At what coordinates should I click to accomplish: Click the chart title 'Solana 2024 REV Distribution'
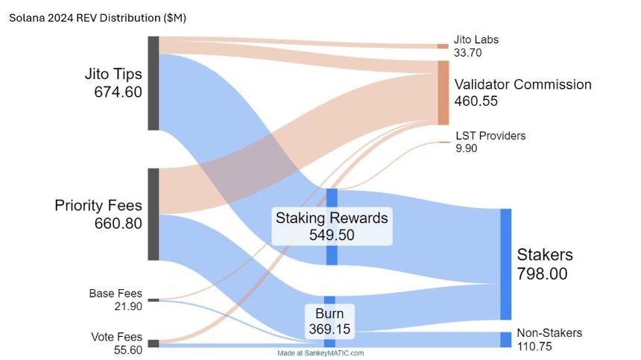tap(85, 18)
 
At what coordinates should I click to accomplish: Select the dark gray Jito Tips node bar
tap(154, 83)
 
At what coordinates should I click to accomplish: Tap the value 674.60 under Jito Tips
tap(119, 92)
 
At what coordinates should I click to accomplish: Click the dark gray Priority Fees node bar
tap(154, 214)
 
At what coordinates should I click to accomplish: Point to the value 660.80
tap(119, 224)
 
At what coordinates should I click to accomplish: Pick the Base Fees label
tap(116, 294)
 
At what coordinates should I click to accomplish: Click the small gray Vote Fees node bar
tap(154, 344)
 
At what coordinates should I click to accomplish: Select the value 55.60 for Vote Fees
tap(128, 350)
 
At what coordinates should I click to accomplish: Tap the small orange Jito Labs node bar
tap(443, 46)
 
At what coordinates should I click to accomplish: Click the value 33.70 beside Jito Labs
tap(467, 53)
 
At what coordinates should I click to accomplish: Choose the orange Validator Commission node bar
tap(443, 92)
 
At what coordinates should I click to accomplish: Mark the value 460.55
tap(476, 101)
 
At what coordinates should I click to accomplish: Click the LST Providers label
tap(490, 136)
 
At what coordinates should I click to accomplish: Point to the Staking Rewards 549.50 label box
tap(332, 227)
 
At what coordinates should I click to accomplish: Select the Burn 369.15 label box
tap(329, 321)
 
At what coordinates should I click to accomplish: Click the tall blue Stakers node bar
tap(505, 264)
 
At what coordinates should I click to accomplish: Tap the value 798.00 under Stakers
tap(542, 274)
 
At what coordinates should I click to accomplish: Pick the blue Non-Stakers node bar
tap(505, 340)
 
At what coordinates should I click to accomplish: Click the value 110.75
tap(534, 347)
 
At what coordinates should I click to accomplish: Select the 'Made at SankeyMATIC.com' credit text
tap(320, 353)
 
